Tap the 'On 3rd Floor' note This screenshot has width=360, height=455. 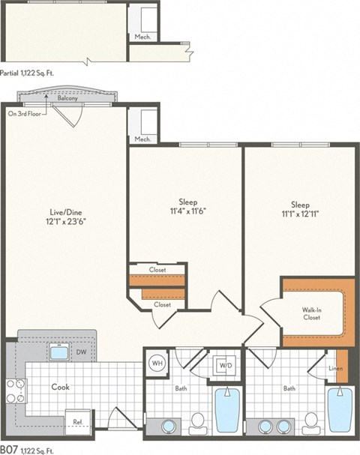coord(25,114)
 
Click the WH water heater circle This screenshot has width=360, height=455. coord(157,363)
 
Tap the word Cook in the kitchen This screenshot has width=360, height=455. coord(61,388)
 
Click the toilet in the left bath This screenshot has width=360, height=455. coord(199,423)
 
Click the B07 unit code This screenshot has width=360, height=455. coord(10,448)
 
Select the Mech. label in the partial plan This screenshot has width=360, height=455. coord(142,35)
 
